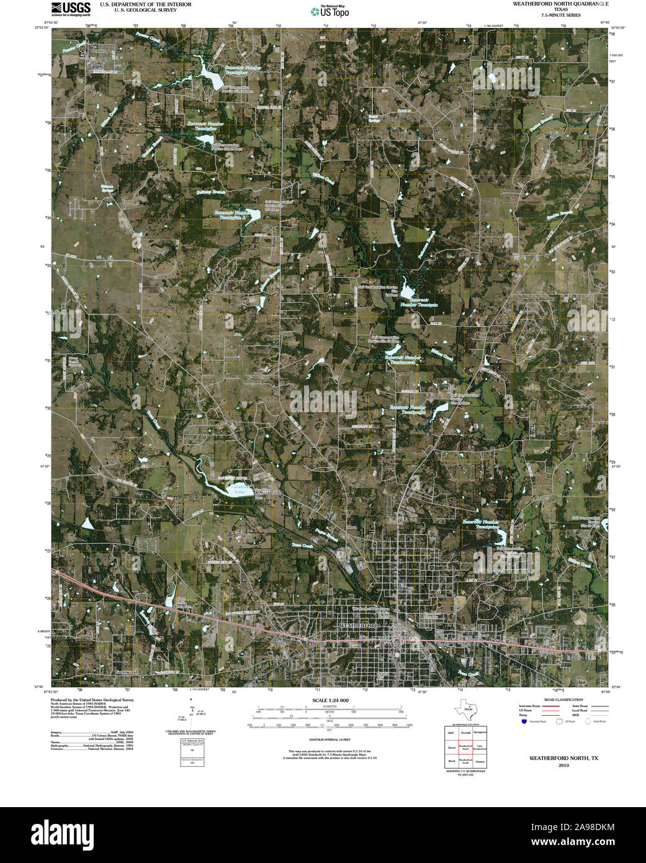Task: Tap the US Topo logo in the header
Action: click(330, 11)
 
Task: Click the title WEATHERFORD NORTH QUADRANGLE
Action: click(560, 4)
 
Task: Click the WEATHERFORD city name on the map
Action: click(358, 626)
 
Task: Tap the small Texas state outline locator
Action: click(467, 708)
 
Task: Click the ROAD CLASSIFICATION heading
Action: click(563, 700)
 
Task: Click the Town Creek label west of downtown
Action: click(302, 545)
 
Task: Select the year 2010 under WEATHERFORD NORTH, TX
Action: click(563, 765)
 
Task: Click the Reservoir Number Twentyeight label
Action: click(407, 410)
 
